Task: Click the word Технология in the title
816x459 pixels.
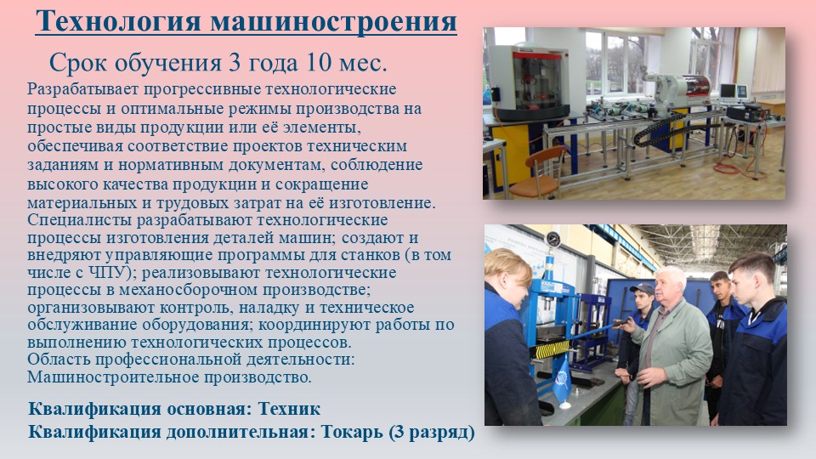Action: click(119, 21)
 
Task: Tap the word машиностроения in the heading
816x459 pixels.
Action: click(333, 21)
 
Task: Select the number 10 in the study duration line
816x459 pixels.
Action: click(319, 62)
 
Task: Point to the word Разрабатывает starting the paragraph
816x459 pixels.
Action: click(82, 89)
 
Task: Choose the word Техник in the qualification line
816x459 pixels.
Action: click(289, 409)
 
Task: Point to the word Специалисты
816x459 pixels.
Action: click(80, 220)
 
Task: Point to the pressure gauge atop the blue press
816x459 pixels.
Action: click(553, 240)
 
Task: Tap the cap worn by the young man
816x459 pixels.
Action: click(643, 288)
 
